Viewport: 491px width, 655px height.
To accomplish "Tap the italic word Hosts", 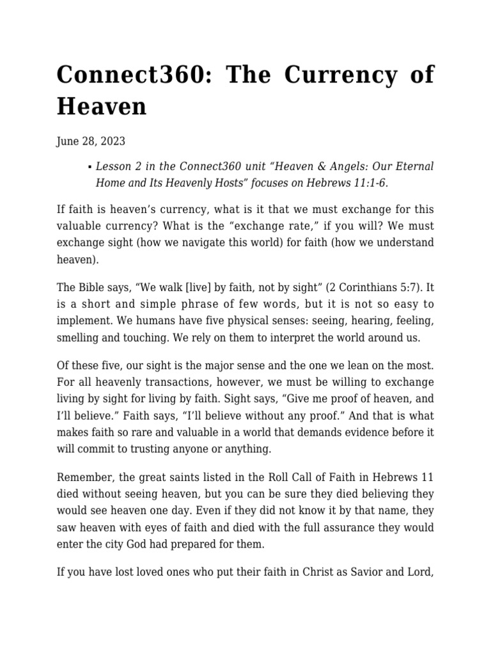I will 210,182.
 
